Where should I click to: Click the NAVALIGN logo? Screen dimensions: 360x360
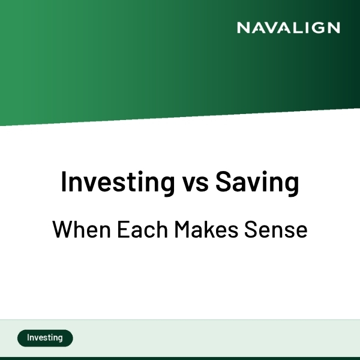click(288, 28)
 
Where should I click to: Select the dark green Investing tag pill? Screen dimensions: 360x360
click(45, 338)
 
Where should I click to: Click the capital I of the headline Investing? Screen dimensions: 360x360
click(64, 182)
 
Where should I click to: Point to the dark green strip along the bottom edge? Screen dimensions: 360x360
click(180, 358)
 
